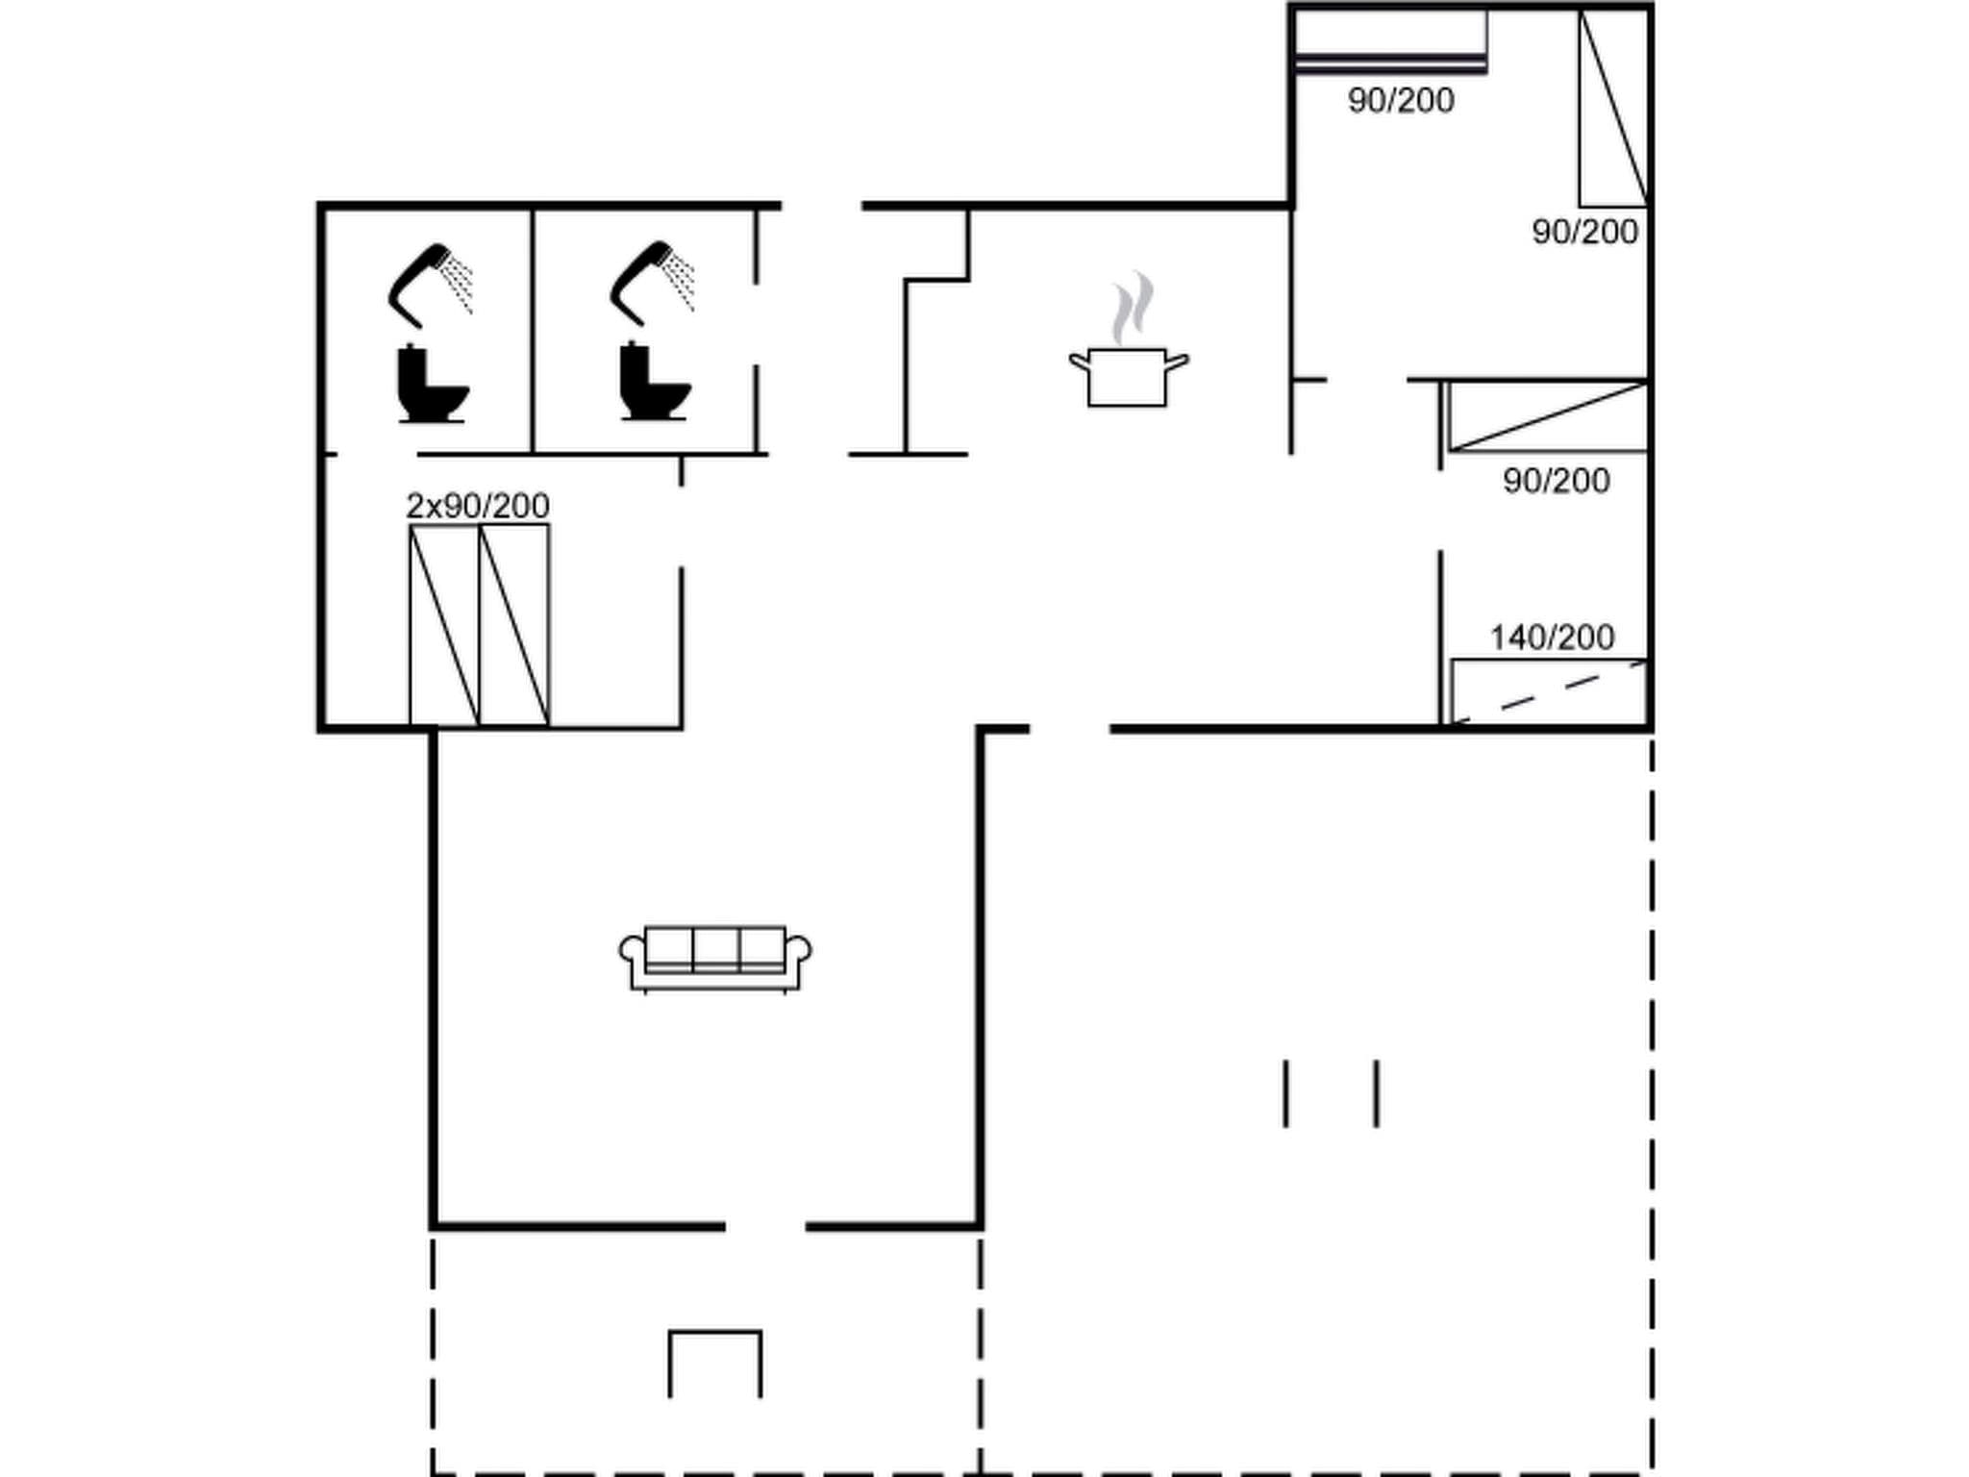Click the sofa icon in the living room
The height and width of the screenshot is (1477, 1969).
[715, 958]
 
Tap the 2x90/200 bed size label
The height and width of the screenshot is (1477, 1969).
[478, 506]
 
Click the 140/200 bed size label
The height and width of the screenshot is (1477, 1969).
[1552, 638]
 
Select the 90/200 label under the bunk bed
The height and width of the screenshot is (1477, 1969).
[1401, 101]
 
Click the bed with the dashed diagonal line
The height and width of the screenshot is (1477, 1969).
[1549, 691]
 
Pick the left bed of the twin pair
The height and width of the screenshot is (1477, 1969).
[444, 625]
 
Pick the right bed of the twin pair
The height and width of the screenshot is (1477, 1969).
[514, 625]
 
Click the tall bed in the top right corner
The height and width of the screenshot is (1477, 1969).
[1613, 108]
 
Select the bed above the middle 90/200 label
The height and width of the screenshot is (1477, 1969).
[1548, 416]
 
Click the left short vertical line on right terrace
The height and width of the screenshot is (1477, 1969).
[1286, 1093]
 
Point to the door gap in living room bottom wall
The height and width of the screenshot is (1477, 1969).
[765, 1226]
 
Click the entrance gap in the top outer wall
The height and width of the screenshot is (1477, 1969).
[821, 206]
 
